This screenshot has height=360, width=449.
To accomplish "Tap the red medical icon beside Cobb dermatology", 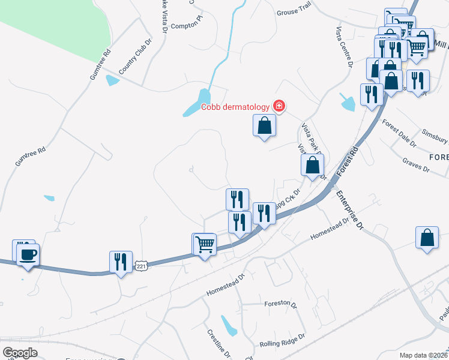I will (279, 106).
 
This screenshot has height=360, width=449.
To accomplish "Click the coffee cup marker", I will (28, 254).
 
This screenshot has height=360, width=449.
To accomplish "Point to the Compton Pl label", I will (187, 26).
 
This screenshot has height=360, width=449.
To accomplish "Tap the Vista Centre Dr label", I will (343, 47).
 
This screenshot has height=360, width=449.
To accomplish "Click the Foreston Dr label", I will (281, 304).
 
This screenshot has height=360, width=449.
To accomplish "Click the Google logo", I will (19, 353).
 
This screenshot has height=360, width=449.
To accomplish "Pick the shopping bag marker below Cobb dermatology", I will (264, 127).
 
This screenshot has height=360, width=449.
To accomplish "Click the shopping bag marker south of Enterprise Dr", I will (427, 238).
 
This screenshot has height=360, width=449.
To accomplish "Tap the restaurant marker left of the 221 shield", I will (121, 262).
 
